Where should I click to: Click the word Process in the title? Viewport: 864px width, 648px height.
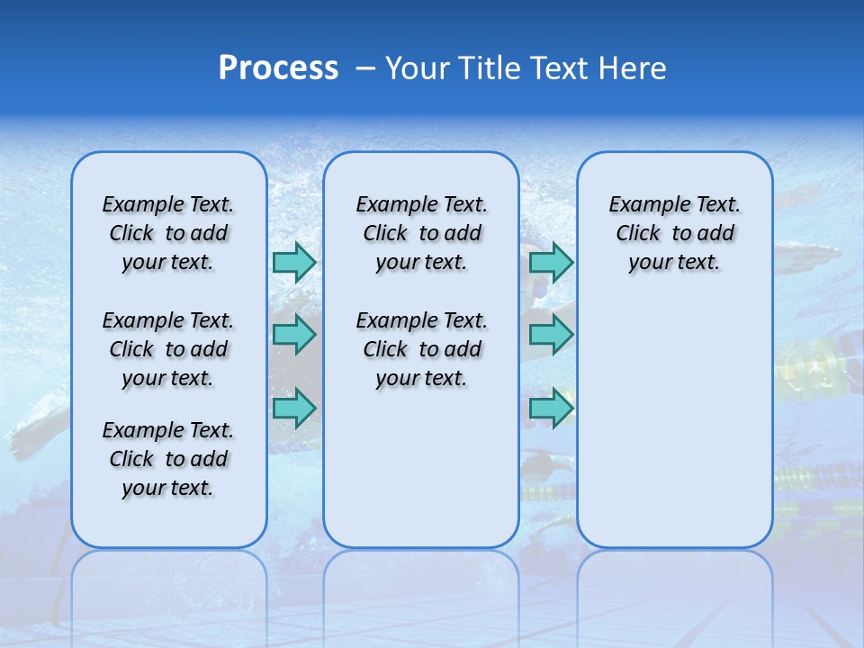[x=278, y=68]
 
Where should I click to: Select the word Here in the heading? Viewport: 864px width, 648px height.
[x=631, y=68]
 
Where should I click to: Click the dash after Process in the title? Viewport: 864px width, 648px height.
[x=365, y=69]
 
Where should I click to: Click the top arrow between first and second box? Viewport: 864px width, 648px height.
[x=294, y=263]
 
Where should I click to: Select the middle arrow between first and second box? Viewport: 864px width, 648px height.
[x=294, y=335]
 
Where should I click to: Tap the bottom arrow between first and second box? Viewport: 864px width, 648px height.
[x=294, y=407]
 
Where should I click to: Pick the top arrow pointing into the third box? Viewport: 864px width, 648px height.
[x=551, y=263]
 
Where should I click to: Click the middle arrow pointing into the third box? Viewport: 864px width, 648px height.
[x=551, y=335]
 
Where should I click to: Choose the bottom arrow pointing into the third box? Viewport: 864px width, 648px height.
[x=551, y=407]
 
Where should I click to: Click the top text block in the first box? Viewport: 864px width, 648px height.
[x=168, y=233]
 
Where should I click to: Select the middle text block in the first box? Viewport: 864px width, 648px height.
[x=168, y=349]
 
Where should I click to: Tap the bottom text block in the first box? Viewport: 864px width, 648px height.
[x=168, y=459]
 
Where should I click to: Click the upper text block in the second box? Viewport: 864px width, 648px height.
[x=421, y=233]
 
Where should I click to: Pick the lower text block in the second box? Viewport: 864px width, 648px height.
[x=421, y=349]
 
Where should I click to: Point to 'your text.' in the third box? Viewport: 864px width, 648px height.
[x=674, y=263]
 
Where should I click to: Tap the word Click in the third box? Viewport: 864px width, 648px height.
[x=638, y=234]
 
